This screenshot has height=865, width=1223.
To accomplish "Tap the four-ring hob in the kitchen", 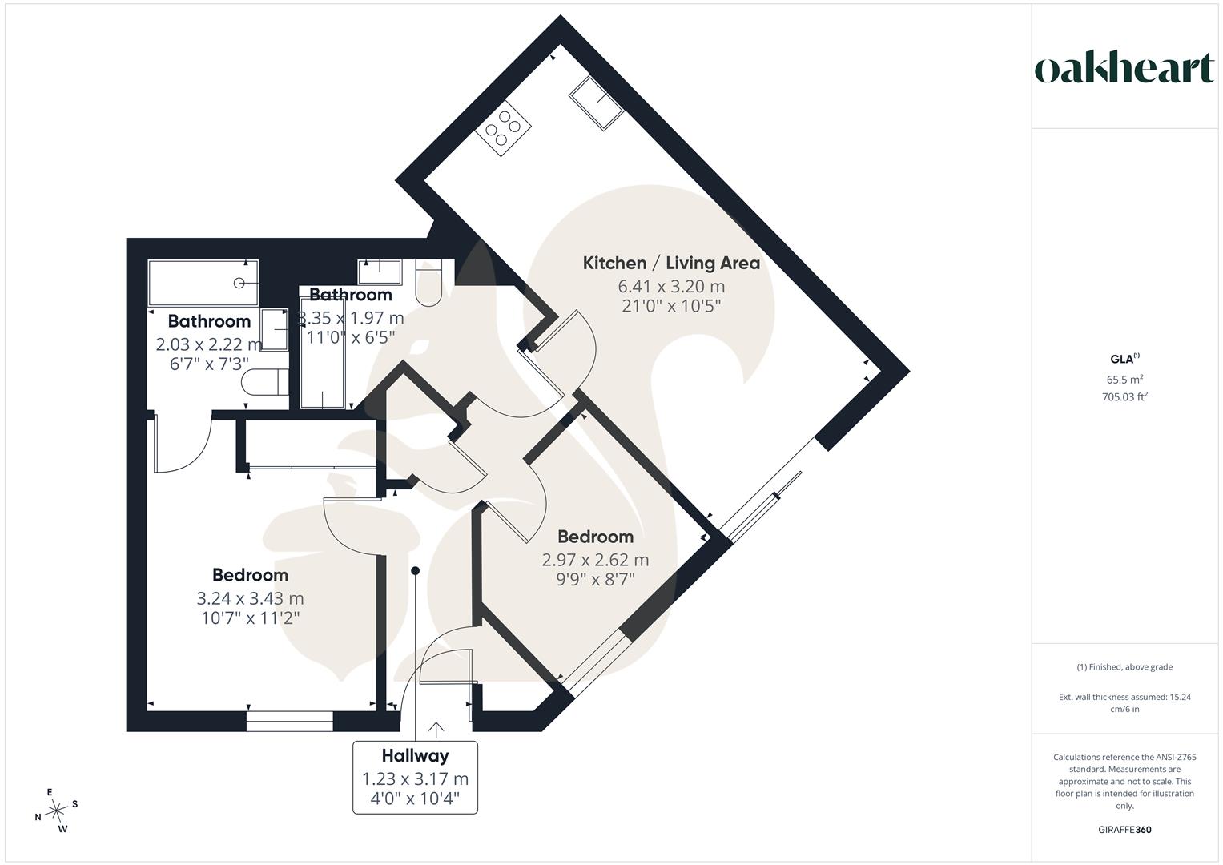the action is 503,129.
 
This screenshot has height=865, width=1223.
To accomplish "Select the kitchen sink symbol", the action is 596,103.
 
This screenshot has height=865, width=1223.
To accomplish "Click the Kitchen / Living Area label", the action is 671,264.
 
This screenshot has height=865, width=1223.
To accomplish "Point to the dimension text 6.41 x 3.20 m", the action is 671,286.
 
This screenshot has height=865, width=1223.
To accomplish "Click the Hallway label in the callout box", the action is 415,756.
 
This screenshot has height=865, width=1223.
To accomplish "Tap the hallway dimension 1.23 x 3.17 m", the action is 415,778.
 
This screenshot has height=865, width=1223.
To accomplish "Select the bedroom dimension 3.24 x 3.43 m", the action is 250,598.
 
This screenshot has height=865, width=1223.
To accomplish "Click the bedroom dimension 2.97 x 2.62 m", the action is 595,560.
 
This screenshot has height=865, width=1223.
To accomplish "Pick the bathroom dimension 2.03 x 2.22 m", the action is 208,344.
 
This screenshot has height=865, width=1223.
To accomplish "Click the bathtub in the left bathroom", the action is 203,283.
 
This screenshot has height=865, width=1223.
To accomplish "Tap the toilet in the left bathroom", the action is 265,382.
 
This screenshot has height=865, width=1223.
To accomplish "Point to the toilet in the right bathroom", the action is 428,283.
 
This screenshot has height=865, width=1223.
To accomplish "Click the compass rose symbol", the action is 56,811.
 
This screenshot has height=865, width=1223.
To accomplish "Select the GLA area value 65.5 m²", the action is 1124,380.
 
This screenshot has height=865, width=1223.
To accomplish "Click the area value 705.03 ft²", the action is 1124,397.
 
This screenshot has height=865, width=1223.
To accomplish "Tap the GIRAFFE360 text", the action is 1124,830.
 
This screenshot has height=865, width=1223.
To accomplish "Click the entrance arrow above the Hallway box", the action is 436,730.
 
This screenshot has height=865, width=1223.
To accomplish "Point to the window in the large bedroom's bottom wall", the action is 289,721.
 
